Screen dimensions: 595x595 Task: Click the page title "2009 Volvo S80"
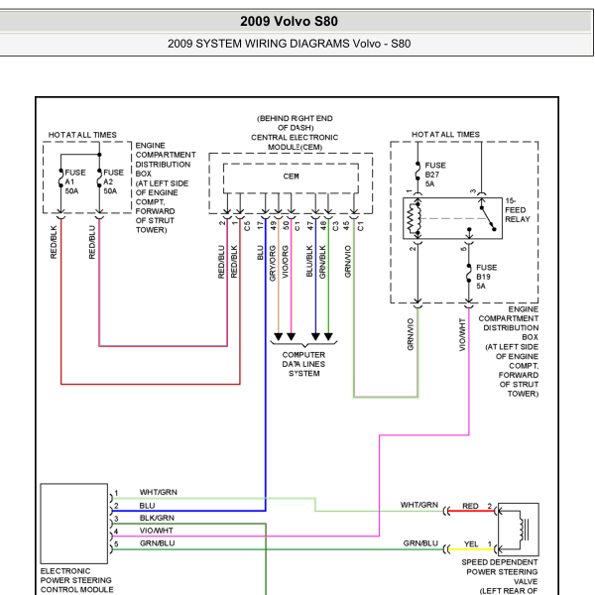tap(289, 21)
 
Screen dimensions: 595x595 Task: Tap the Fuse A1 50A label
tap(75, 181)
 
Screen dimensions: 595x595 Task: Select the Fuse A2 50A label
tap(113, 181)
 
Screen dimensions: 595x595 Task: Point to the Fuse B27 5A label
tap(435, 175)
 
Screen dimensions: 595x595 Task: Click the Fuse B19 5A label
tap(486, 277)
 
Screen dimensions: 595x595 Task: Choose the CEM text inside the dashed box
tap(291, 177)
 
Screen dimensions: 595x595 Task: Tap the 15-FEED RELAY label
tap(518, 210)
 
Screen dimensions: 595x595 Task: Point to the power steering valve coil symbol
tap(524, 530)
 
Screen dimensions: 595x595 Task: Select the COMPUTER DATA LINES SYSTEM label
tap(303, 364)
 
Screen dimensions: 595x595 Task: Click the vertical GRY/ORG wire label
tap(273, 264)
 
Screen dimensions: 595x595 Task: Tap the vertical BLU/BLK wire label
tap(309, 261)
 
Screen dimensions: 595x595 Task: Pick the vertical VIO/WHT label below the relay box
tap(462, 335)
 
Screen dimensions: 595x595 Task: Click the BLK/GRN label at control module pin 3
tap(157, 518)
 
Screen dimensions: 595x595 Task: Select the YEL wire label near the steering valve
tap(471, 544)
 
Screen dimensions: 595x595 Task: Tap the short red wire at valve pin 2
tap(471, 511)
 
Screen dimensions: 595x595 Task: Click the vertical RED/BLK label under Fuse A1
tap(54, 242)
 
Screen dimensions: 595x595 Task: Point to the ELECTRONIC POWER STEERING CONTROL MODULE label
tap(76, 580)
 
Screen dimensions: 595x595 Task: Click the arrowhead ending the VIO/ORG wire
tap(291, 336)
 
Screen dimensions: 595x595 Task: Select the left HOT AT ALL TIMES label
tap(82, 135)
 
